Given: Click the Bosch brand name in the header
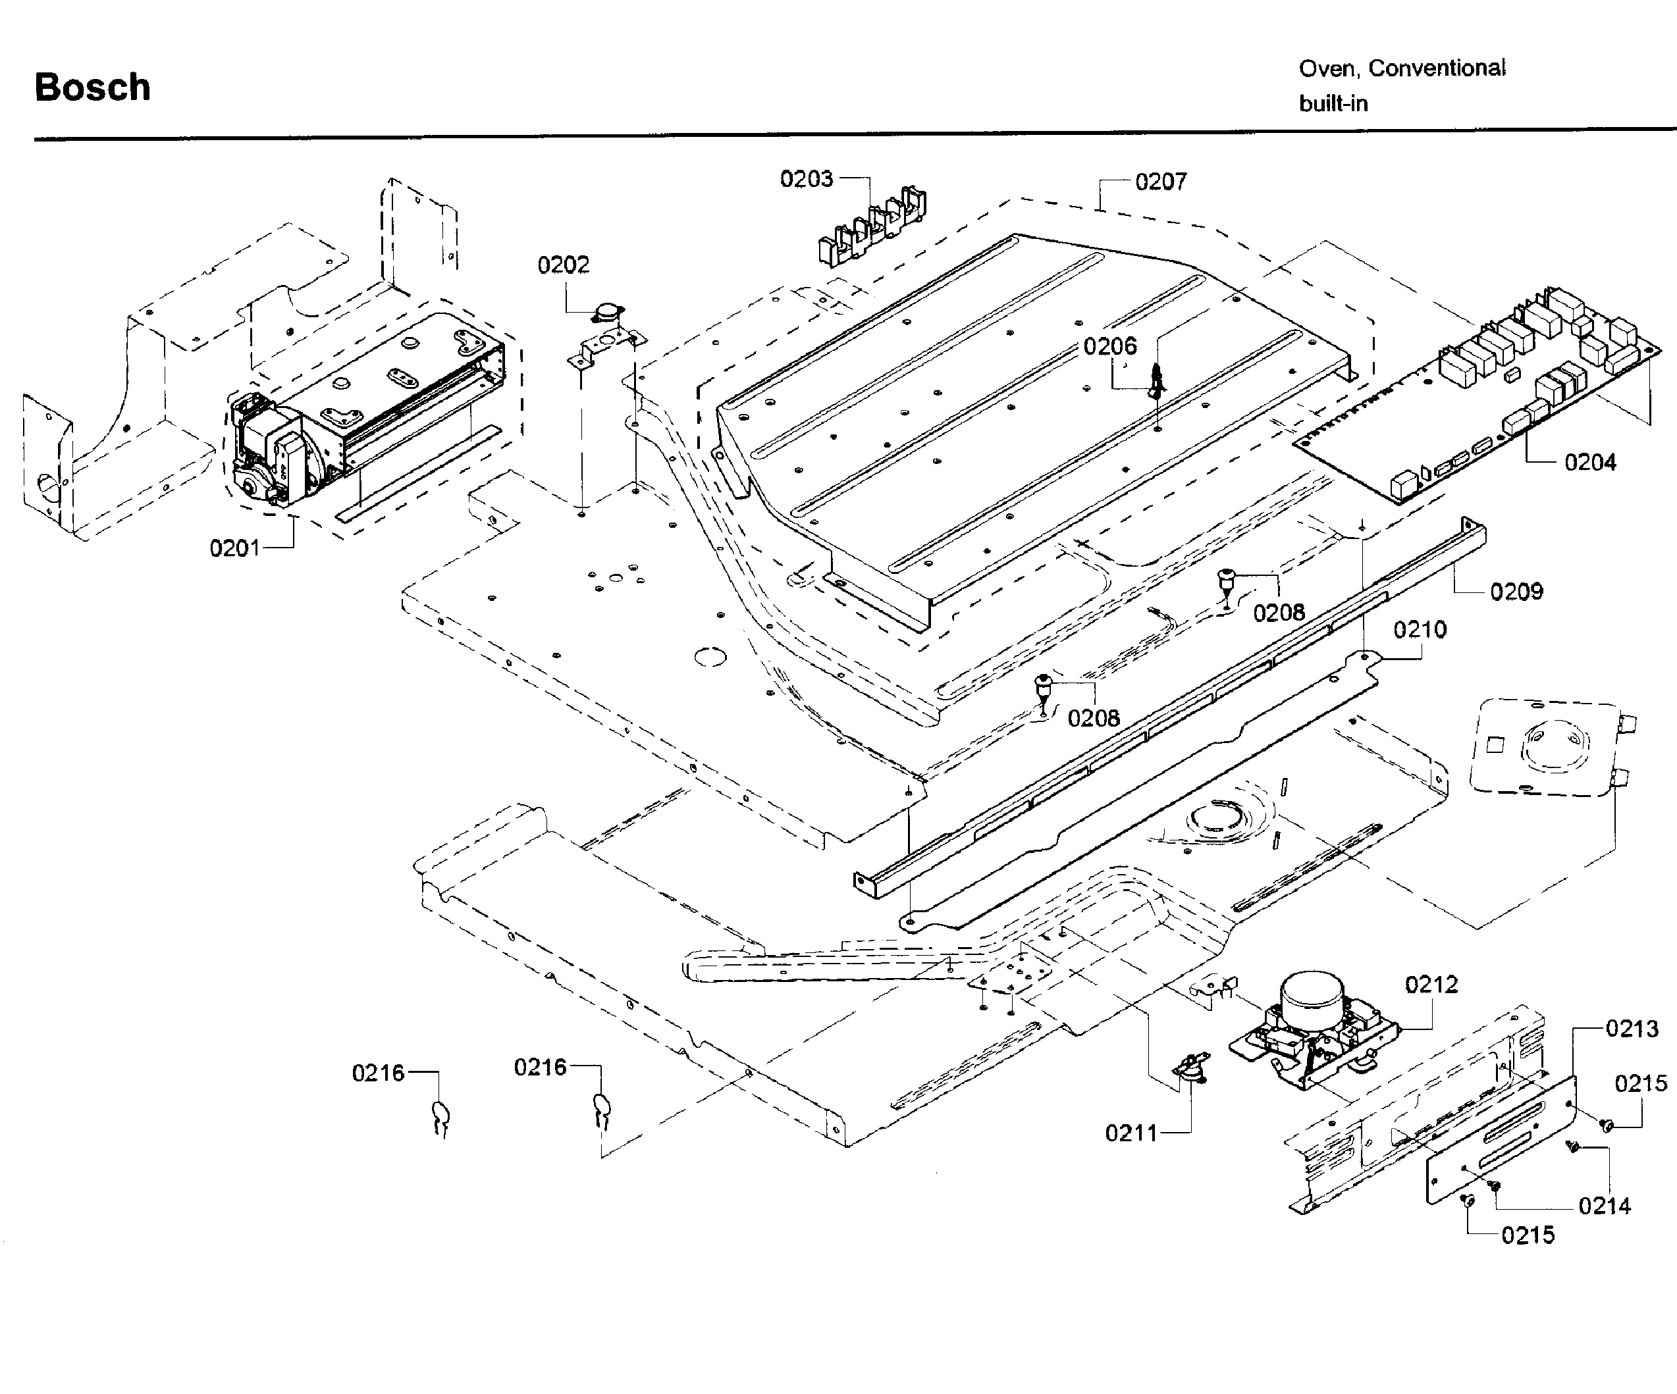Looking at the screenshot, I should [93, 87].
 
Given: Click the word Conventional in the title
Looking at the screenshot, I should [1437, 68].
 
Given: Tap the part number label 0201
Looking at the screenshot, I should [235, 548].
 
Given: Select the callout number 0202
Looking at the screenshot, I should [563, 265].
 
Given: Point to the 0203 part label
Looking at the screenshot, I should [807, 179].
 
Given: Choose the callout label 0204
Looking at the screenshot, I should [1590, 462].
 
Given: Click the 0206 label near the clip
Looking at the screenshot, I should [1110, 346].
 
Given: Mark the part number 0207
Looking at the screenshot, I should [1161, 182].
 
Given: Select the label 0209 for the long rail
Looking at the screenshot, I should [1516, 592].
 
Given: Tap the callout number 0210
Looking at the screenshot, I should [1420, 630].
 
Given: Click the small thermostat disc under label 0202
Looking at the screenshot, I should [608, 312].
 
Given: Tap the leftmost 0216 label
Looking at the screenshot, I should [379, 1073].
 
